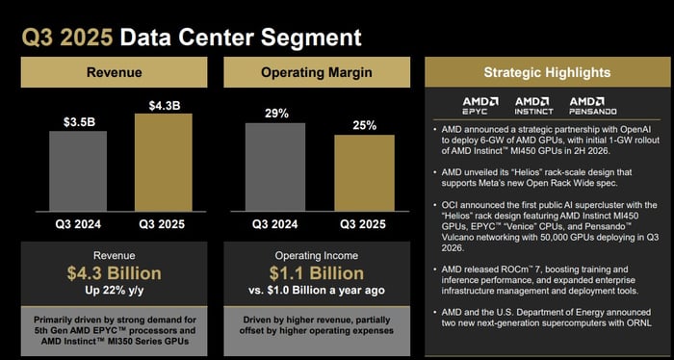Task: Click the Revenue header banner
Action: tap(115, 72)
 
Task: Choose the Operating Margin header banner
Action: tap(318, 72)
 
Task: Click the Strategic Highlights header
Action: tap(546, 72)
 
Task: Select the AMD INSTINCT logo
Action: tap(534, 104)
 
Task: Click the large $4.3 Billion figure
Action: tap(114, 273)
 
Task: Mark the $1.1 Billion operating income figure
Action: tap(318, 273)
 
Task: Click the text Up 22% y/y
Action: tap(114, 292)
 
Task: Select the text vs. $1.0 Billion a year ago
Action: tap(318, 292)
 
